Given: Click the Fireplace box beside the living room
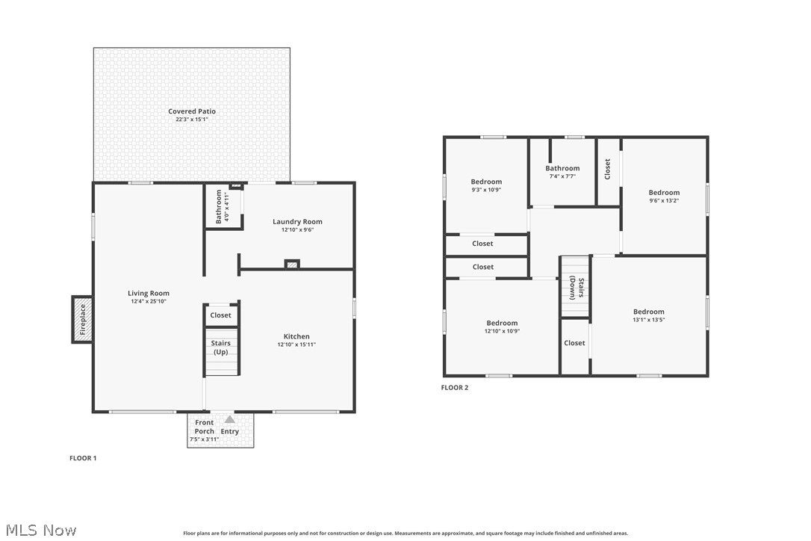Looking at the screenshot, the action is [x=82, y=319].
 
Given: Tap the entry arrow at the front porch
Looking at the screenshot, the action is [x=230, y=418].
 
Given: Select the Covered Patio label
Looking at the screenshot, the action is [x=192, y=111].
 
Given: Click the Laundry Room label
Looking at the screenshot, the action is [x=297, y=222].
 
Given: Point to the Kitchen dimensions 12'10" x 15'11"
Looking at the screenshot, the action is [x=296, y=344].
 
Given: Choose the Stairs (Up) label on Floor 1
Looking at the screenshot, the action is [x=221, y=347].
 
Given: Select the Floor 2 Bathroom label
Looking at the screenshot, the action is [x=562, y=168].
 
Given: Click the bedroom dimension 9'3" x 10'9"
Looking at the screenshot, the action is [x=486, y=190].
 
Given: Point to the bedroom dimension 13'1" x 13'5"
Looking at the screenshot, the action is [x=649, y=320].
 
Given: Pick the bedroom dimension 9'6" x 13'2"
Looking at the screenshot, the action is [x=664, y=201].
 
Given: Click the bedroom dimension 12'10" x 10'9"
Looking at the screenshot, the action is [x=502, y=331].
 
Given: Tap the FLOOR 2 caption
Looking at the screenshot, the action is [x=455, y=388].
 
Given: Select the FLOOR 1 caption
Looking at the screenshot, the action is [x=83, y=458].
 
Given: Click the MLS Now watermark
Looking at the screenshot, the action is [x=41, y=530].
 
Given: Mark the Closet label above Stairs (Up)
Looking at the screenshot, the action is [x=221, y=315].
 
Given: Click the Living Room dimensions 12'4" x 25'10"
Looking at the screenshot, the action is [x=149, y=301].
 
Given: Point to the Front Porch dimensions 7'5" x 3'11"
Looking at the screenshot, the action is [x=204, y=439].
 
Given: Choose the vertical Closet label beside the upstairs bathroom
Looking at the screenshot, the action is [x=608, y=169].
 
